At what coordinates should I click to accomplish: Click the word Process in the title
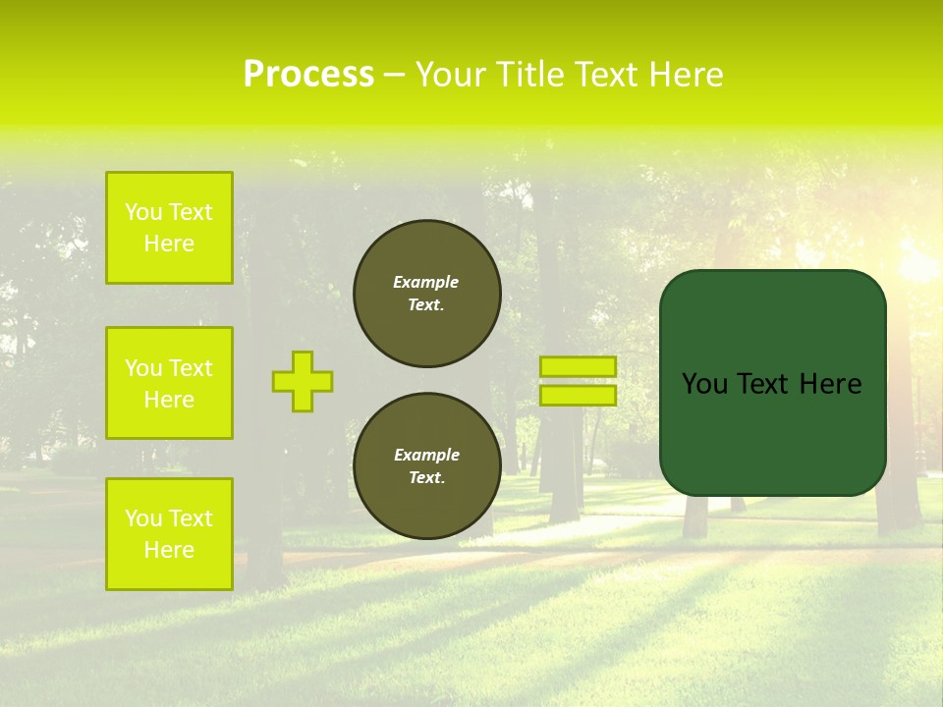[308, 75]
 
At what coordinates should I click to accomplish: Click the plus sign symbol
[303, 381]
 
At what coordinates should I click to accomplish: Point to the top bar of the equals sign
[578, 366]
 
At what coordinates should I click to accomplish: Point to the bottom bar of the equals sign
[578, 396]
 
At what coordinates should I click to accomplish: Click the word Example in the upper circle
[426, 282]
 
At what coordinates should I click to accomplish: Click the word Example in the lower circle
[426, 455]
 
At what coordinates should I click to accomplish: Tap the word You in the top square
[143, 212]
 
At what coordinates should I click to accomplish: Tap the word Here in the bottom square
[169, 550]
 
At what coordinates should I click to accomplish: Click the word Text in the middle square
[190, 368]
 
